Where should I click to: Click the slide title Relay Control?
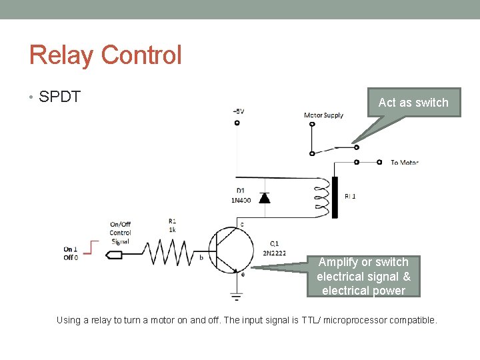click(x=105, y=55)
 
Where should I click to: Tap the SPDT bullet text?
click(x=60, y=97)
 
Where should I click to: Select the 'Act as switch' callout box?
click(x=413, y=103)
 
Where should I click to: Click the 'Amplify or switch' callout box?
click(x=363, y=276)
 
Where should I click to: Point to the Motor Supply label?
click(x=323, y=115)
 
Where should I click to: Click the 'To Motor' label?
click(x=404, y=162)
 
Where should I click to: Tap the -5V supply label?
click(x=238, y=111)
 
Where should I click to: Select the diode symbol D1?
click(x=264, y=197)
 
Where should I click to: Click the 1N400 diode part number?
click(x=241, y=200)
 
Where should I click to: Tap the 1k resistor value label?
click(x=172, y=229)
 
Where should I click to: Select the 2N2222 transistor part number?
click(x=274, y=253)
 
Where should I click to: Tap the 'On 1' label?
click(x=71, y=249)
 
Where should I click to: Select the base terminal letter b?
click(x=201, y=257)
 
